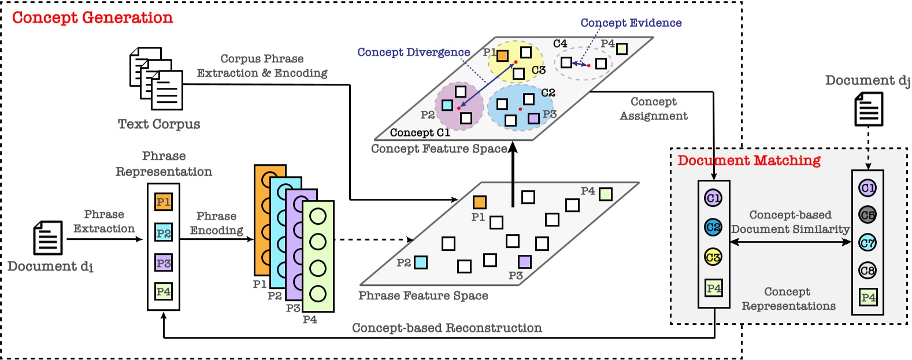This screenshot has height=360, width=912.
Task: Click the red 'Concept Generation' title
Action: tap(92, 17)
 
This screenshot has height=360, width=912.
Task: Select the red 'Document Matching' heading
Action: tap(749, 160)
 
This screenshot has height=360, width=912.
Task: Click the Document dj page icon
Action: tap(869, 109)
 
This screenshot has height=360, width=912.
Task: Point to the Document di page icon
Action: tap(47, 238)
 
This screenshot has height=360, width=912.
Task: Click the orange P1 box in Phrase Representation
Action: tap(164, 202)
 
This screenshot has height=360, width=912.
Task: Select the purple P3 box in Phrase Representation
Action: tap(164, 263)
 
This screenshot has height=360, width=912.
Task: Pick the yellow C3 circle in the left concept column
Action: tap(713, 257)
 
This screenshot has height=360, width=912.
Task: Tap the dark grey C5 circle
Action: tap(867, 215)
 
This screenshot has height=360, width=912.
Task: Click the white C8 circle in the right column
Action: tap(867, 270)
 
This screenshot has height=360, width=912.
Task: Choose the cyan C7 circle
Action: tap(867, 243)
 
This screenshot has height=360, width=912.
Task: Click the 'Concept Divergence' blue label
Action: tap(413, 52)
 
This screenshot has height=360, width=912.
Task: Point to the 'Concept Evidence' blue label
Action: tap(631, 23)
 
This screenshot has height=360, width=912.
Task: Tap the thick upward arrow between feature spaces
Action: tap(513, 173)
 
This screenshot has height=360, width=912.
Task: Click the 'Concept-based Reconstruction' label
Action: tap(447, 328)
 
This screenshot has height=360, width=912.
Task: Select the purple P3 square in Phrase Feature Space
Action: tap(524, 262)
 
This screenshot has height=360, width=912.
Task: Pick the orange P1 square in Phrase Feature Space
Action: tap(479, 202)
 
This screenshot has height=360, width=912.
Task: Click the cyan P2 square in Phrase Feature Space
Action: tap(421, 262)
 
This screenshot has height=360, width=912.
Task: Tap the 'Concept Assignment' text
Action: tap(653, 109)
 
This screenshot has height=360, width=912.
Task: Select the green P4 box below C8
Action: tap(867, 297)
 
